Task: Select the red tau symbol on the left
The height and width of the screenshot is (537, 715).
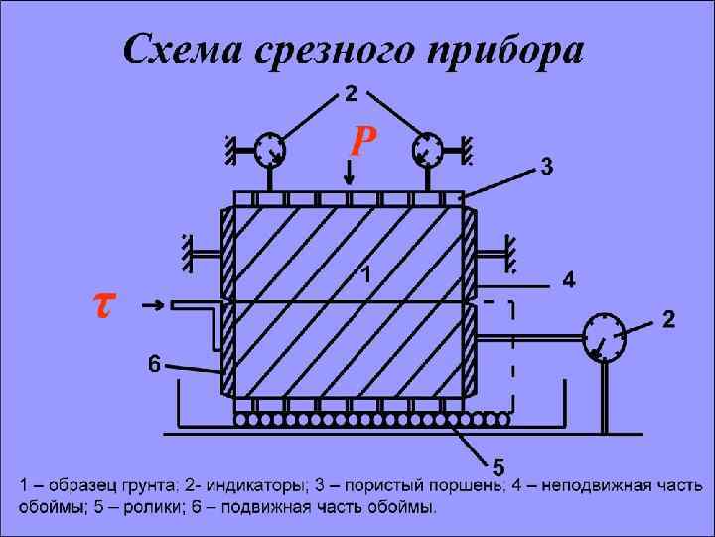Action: [x=101, y=305]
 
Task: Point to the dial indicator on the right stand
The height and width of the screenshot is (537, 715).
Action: [x=603, y=338]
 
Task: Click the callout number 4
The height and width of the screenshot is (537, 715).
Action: [x=568, y=281]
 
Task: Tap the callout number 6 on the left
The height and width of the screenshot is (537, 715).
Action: [x=155, y=364]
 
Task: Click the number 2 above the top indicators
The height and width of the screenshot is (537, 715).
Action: [x=351, y=94]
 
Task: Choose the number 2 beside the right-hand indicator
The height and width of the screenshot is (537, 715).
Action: [x=669, y=320]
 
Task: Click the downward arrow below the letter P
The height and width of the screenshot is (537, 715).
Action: [x=349, y=176]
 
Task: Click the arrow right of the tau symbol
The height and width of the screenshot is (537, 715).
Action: [x=154, y=305]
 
